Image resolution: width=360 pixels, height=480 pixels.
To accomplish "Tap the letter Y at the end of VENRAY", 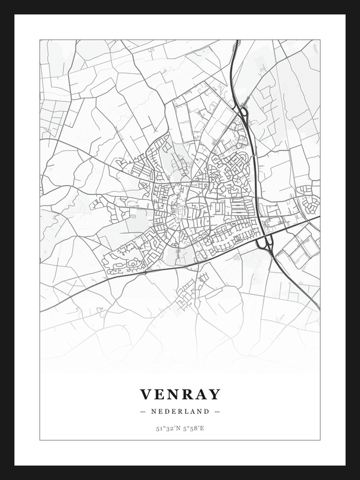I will click(214, 394).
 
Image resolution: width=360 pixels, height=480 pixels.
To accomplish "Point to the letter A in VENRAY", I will click(200, 394).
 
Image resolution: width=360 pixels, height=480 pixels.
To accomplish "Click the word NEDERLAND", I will click(180, 411).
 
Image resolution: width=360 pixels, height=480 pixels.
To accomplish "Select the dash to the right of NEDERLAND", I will click(217, 411).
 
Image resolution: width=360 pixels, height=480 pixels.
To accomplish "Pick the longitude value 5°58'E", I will click(192, 428).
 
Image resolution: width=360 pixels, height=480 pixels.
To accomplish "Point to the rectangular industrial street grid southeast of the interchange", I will click(296, 249).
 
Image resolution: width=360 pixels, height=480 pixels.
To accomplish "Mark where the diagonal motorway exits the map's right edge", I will click(318, 310).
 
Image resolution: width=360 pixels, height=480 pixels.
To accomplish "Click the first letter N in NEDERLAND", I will click(154, 411).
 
